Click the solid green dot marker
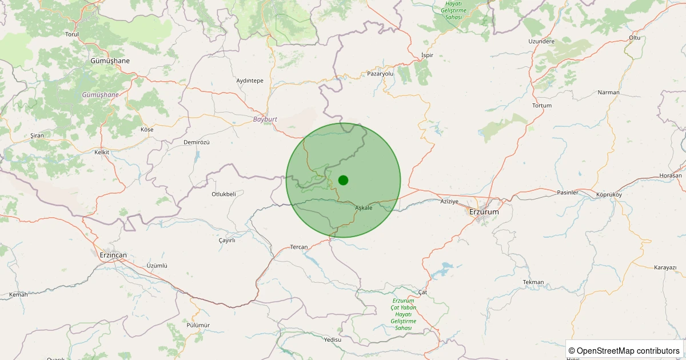(x=343, y=180)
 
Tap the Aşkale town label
(x=364, y=207)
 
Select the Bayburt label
(x=265, y=119)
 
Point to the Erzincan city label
(x=113, y=255)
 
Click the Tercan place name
(x=299, y=247)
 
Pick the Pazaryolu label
(x=381, y=74)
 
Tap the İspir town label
(x=427, y=55)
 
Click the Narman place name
(x=608, y=92)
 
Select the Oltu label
(x=635, y=38)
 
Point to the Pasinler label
(x=568, y=193)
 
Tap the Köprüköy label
(x=608, y=195)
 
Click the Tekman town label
(x=533, y=282)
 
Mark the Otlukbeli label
(x=224, y=194)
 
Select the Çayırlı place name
(x=227, y=241)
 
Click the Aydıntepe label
(x=250, y=81)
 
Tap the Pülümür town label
(x=198, y=325)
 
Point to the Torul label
(x=72, y=34)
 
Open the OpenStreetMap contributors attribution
(x=625, y=350)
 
